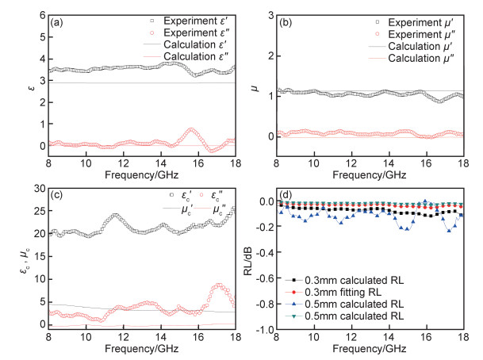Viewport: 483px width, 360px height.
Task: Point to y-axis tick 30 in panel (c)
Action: click(36, 188)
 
